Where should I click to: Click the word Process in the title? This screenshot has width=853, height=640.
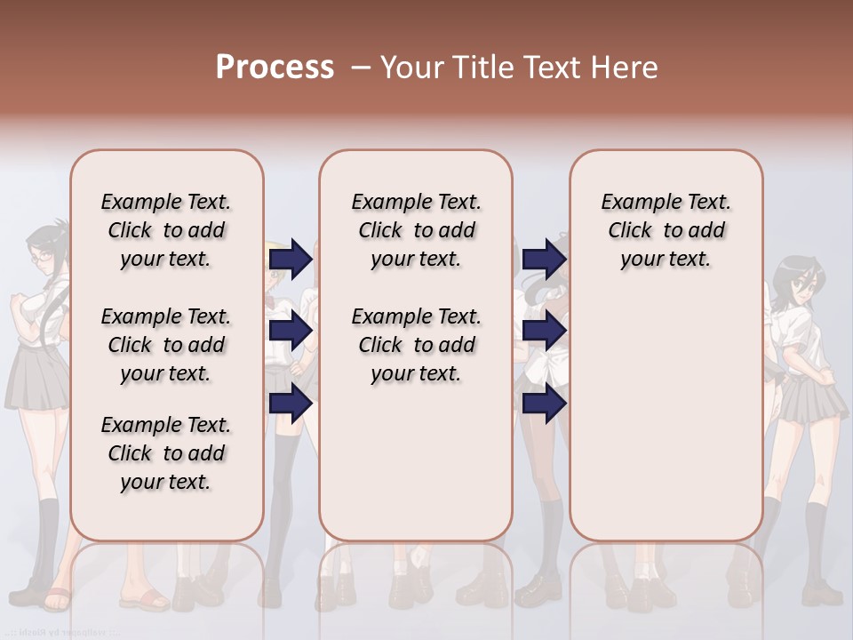275,68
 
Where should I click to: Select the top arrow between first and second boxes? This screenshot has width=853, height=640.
291,259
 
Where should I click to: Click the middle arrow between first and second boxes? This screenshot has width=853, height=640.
291,331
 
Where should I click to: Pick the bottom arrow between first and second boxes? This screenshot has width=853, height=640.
291,404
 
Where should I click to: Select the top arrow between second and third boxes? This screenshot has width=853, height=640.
544,259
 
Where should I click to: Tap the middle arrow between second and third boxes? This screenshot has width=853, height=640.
544,331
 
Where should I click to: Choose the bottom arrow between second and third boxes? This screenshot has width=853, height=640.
544,404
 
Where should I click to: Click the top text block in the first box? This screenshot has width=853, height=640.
166,230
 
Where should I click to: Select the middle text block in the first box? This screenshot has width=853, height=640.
166,345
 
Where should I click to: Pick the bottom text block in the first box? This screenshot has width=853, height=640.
166,453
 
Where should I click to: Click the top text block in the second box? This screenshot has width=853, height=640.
416,230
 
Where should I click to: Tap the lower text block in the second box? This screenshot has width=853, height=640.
416,345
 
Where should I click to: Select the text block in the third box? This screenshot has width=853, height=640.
666,230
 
